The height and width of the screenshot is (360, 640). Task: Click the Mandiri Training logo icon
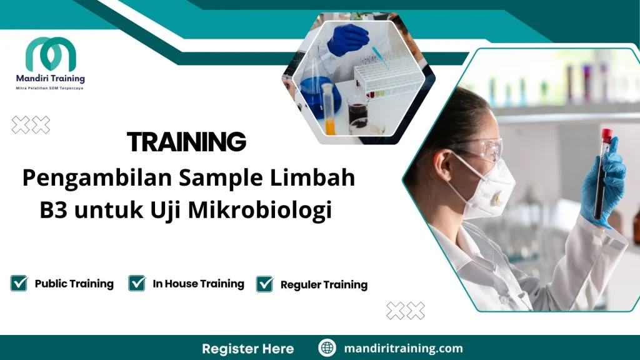click(51, 54)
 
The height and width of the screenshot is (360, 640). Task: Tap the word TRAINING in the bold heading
click(186, 142)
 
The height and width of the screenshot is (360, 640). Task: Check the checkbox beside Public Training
click(19, 283)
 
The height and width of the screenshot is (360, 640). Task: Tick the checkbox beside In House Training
click(137, 283)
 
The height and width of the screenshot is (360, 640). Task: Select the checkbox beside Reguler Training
click(265, 284)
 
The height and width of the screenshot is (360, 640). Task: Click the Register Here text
click(247, 348)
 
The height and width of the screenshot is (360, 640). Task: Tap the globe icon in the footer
click(327, 348)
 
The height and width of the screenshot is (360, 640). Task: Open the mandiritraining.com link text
click(403, 348)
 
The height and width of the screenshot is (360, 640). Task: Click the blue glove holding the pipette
click(347, 39)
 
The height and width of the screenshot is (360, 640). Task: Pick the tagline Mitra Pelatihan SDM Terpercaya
click(50, 88)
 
